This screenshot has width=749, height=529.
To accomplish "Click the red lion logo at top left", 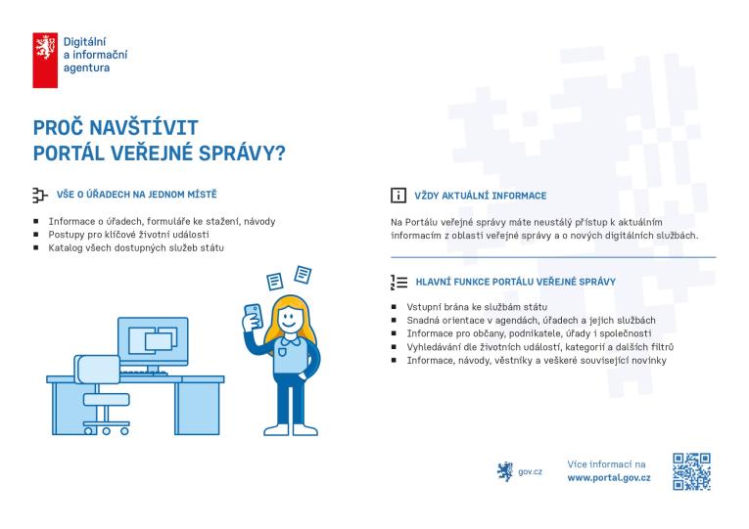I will pyautogui.click(x=45, y=59).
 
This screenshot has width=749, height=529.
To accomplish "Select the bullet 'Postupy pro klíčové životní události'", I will pyautogui.click(x=128, y=235).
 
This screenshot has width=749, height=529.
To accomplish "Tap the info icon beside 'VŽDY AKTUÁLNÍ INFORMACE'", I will pyautogui.click(x=398, y=196).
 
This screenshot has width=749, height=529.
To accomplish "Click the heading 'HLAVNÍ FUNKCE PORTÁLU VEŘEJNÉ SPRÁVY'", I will pyautogui.click(x=515, y=282).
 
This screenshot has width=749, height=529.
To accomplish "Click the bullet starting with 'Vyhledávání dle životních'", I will pyautogui.click(x=539, y=347).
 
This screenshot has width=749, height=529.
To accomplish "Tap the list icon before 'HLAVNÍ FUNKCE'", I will pyautogui.click(x=398, y=282).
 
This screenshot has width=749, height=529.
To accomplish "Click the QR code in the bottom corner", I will pyautogui.click(x=691, y=471).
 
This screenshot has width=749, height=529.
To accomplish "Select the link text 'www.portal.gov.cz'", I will pyautogui.click(x=608, y=478).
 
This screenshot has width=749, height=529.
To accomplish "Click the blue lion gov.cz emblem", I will pyautogui.click(x=505, y=471).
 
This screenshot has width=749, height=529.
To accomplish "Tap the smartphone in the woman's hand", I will pyautogui.click(x=253, y=316).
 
